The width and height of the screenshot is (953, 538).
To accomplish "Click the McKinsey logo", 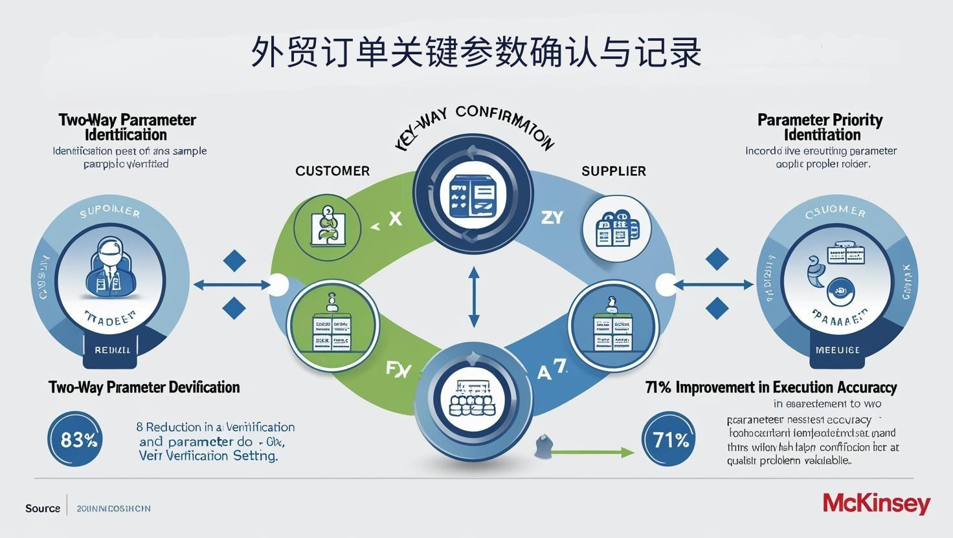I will click(x=876, y=503).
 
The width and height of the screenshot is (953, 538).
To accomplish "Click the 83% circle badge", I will click(x=76, y=440).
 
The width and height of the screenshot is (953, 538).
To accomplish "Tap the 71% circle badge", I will click(x=670, y=440).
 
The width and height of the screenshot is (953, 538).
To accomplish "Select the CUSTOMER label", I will click(x=332, y=171).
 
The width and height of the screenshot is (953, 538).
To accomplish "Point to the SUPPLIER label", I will click(x=614, y=171).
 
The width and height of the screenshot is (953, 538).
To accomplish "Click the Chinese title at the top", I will click(x=476, y=52).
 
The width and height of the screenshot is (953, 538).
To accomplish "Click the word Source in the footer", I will click(x=43, y=508).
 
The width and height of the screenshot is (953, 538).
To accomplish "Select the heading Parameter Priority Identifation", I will click(x=820, y=127).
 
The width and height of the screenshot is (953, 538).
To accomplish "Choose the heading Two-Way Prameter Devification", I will click(x=144, y=387).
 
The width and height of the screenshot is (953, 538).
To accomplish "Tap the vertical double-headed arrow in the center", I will click(x=474, y=297).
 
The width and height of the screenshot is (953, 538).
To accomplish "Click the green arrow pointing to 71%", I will click(x=592, y=453).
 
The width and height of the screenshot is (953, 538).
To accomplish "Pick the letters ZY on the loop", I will click(x=552, y=218).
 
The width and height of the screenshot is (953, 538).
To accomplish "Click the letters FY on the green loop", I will click(x=398, y=369).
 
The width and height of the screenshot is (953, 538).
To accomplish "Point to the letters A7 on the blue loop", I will click(x=552, y=371).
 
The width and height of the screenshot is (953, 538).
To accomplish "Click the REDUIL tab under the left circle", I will click(x=112, y=350).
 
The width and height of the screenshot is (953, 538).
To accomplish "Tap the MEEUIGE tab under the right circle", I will click(x=838, y=350).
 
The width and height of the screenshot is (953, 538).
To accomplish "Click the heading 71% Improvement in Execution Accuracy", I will click(x=771, y=387).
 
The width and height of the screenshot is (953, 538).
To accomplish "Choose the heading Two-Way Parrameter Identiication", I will click(x=127, y=127).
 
